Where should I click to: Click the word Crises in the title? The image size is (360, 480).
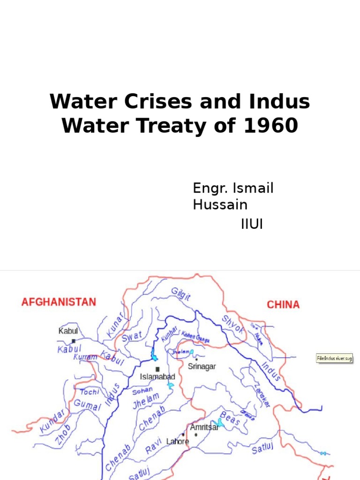[x=159, y=102]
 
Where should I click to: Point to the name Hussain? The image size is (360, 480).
[x=220, y=205]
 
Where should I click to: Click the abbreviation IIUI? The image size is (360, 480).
[x=252, y=225]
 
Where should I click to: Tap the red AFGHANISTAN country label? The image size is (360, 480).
[x=59, y=302]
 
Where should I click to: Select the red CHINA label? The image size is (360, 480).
[x=283, y=305]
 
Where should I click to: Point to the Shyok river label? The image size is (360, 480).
[x=233, y=323]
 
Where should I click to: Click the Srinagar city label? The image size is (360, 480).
[x=202, y=367]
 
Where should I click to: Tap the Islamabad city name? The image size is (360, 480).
[x=157, y=376]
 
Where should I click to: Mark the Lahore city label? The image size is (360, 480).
[x=178, y=441]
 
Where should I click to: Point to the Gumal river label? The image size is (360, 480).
[x=88, y=405]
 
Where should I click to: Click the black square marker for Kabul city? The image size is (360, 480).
[x=74, y=341]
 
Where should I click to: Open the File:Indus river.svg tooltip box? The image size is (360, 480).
[x=334, y=359]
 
